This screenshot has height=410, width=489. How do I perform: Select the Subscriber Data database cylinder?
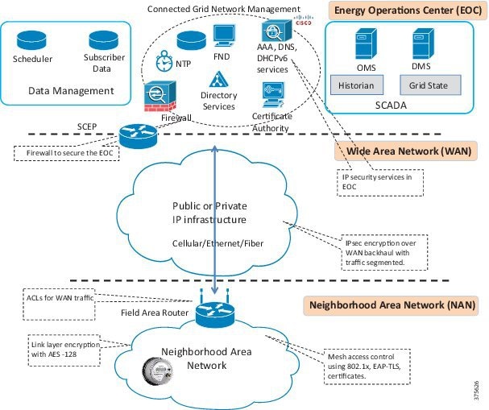click(x=104, y=39)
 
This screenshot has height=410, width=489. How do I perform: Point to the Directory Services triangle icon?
click(x=218, y=80)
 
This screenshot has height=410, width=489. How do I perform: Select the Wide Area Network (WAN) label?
click(x=410, y=151)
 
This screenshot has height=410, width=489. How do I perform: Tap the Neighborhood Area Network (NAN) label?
click(x=392, y=305)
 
